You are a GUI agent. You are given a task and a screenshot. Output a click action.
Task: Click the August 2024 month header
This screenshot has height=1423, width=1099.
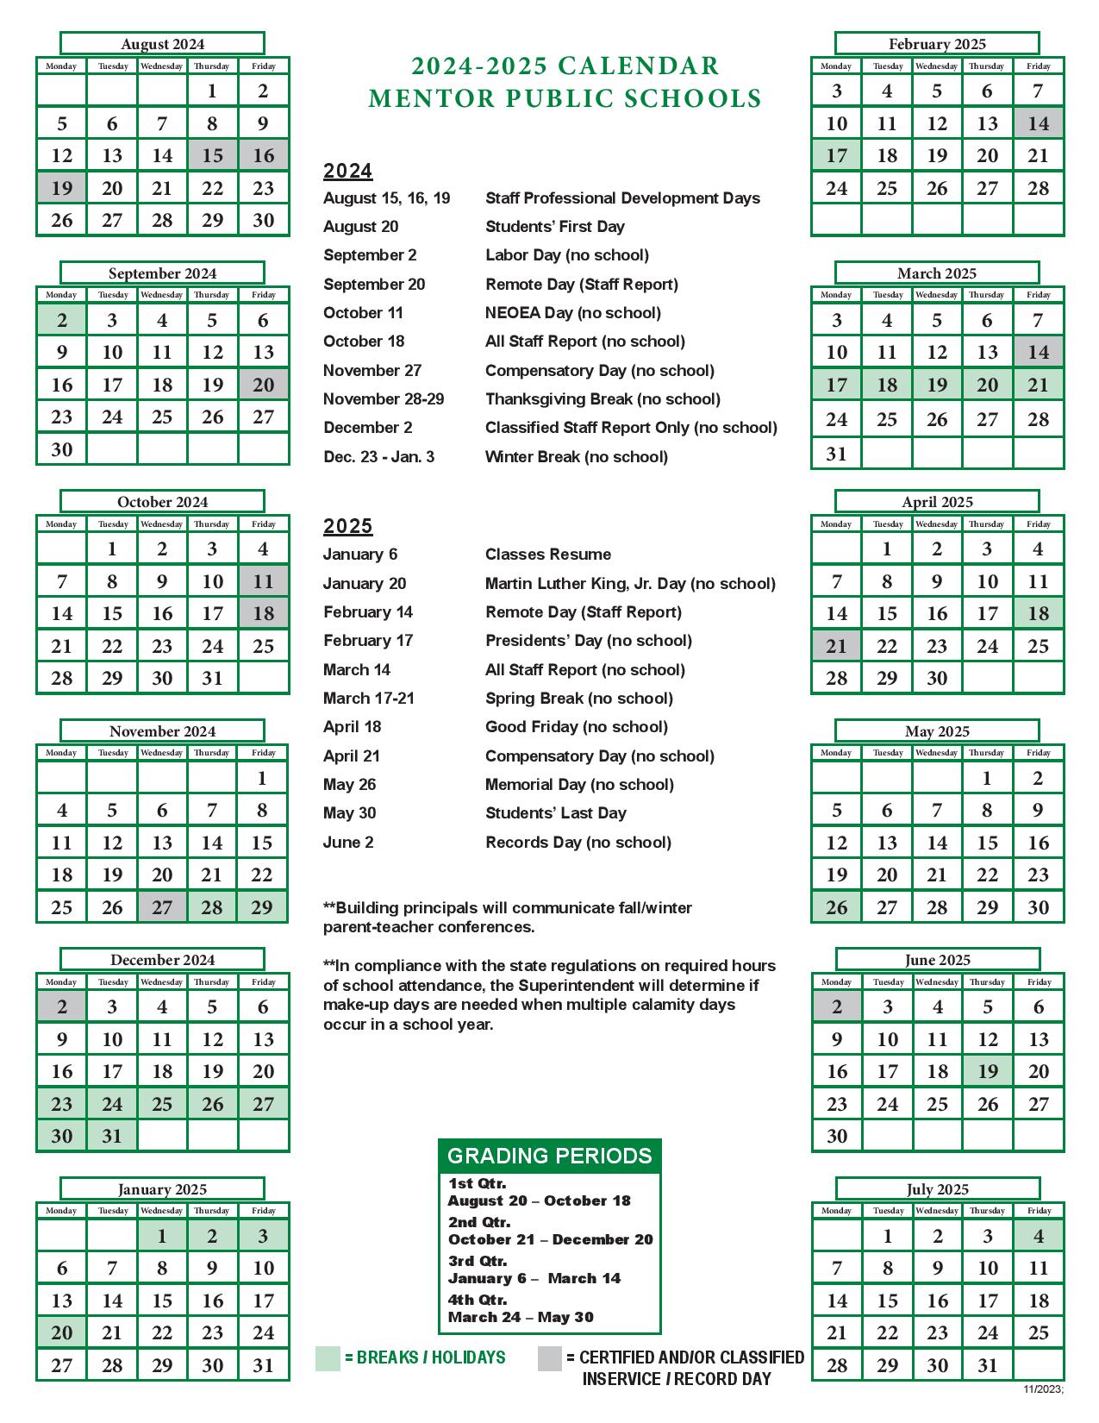click(x=162, y=44)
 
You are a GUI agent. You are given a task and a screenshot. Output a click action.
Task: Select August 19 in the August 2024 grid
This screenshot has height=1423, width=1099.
click(x=61, y=188)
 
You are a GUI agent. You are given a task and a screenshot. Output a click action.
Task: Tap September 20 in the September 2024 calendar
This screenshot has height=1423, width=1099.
click(x=264, y=385)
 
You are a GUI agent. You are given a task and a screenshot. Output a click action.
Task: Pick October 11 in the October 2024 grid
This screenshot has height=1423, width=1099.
click(x=264, y=581)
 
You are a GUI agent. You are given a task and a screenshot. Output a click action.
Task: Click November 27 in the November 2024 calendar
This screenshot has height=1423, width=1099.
click(x=162, y=907)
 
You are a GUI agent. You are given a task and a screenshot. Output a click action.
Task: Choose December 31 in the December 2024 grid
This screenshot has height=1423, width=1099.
click(x=112, y=1136)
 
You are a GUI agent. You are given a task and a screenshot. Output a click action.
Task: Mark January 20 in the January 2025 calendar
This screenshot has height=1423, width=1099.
click(x=61, y=1332)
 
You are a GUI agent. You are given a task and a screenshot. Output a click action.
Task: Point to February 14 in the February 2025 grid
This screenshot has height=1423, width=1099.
click(x=1039, y=123)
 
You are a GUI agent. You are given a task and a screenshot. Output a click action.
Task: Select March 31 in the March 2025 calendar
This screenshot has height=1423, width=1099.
click(x=836, y=454)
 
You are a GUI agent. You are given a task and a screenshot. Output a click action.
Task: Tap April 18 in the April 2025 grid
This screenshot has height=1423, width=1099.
click(x=1039, y=613)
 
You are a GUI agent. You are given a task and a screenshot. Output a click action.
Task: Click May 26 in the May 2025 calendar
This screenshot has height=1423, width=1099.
click(x=836, y=907)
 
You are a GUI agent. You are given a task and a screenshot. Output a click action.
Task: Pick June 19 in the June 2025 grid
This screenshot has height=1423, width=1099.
click(x=988, y=1071)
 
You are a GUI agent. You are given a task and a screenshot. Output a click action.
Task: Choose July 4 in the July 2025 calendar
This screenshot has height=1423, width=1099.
click(x=1039, y=1236)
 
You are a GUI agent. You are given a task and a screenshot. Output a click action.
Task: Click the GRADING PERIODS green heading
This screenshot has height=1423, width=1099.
click(x=550, y=1156)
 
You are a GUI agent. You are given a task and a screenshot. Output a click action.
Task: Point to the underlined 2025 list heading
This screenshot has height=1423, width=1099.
click(x=348, y=526)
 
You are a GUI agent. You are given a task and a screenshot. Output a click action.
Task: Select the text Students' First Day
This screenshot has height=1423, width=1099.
click(x=555, y=227)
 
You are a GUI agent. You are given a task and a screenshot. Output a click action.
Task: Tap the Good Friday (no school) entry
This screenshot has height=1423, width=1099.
click(x=577, y=727)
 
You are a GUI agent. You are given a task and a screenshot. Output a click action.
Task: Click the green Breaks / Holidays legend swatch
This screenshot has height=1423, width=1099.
click(x=328, y=1358)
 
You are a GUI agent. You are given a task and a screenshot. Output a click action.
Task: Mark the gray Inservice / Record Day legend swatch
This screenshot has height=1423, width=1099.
click(x=550, y=1358)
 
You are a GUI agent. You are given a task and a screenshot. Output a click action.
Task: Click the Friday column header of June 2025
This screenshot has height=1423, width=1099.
click(x=1040, y=981)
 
